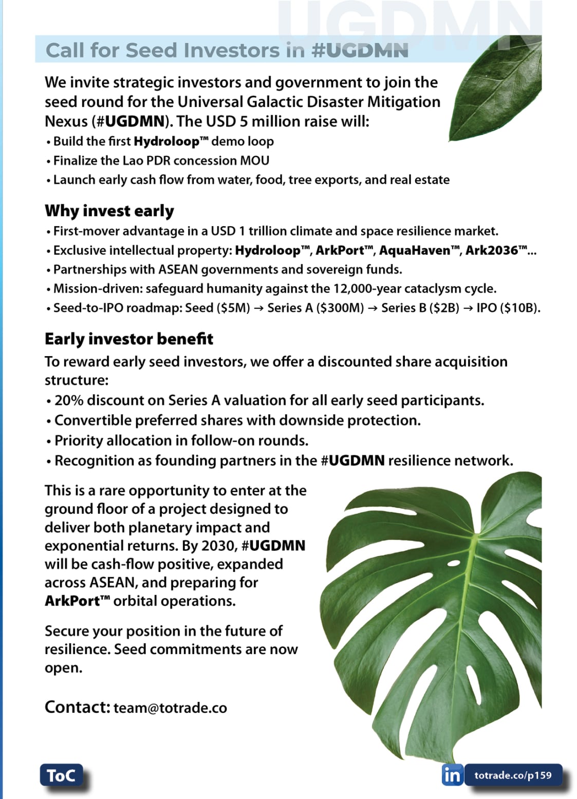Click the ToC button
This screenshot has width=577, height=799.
[x=61, y=775]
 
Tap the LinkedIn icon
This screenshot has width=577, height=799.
[x=452, y=774]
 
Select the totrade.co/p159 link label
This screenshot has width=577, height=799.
[x=513, y=775]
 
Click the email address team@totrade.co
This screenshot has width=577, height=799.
[x=170, y=708]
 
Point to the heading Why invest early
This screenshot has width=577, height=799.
[x=109, y=211]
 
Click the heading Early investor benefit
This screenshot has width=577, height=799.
[x=129, y=339]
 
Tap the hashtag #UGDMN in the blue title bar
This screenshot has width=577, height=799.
[x=360, y=50]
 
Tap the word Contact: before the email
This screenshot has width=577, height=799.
[x=77, y=707]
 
